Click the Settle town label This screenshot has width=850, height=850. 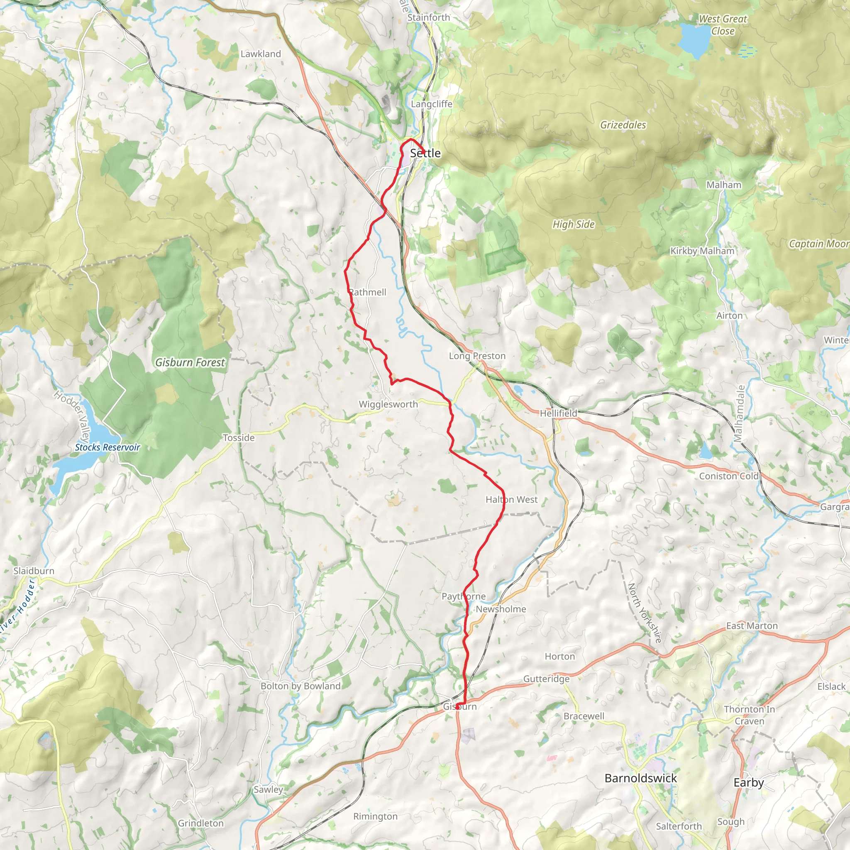[x=425, y=153]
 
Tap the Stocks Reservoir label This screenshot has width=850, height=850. [x=107, y=447]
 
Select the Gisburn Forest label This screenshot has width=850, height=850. [x=190, y=362]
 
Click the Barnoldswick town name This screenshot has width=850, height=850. [x=640, y=778]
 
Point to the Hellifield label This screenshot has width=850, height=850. [x=558, y=413]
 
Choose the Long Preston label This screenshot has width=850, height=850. [x=477, y=356]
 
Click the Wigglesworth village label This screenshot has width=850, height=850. [x=388, y=404]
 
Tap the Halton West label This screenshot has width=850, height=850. [x=511, y=499]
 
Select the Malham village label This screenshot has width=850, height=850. [x=724, y=185]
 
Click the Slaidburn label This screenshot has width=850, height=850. [x=34, y=571]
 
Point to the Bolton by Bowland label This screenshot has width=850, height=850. [x=300, y=686]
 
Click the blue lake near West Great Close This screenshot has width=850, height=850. [x=694, y=41]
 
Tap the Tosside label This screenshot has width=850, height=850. [x=239, y=437]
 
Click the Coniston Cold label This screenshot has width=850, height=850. [x=728, y=476]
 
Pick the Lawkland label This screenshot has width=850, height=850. [x=261, y=54]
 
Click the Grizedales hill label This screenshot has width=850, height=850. [x=623, y=125]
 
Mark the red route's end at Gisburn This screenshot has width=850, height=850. [x=457, y=706]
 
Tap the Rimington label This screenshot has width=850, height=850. [x=375, y=816]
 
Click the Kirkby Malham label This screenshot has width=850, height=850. [x=702, y=251]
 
